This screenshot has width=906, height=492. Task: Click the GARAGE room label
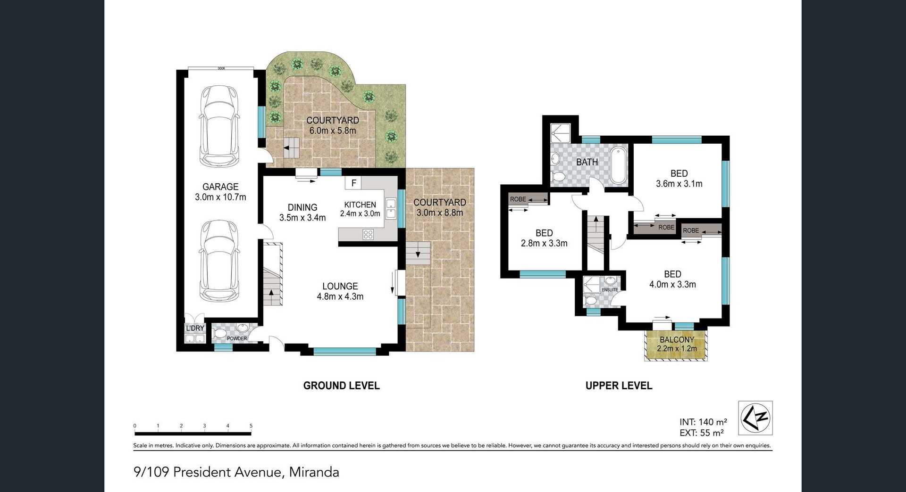[x=220, y=187]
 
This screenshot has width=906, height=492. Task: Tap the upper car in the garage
[x=220, y=126]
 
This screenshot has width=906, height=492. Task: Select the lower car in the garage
[x=220, y=261]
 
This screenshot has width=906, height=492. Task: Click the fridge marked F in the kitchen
[x=353, y=183]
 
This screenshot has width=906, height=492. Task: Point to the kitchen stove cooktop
[x=368, y=234]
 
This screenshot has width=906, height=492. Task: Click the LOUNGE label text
[x=340, y=286]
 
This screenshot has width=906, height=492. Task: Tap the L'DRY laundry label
[x=195, y=328]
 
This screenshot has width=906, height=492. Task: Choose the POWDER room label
[x=237, y=338]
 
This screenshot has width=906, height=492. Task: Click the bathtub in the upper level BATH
[x=618, y=165]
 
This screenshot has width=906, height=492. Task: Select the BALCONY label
[x=677, y=340]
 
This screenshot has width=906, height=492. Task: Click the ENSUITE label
[x=610, y=290]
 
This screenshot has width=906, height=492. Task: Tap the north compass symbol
[x=755, y=418]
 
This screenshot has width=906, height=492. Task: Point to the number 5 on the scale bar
[x=251, y=426]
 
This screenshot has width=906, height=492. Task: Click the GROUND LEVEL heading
[x=341, y=385]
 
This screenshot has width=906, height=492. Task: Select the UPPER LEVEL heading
[x=619, y=385]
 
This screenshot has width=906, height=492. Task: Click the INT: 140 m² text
[x=703, y=422]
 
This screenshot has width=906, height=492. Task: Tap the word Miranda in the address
[x=314, y=472]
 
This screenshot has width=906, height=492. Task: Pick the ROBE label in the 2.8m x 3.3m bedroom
[x=518, y=199]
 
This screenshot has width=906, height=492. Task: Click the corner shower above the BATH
[x=561, y=133]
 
